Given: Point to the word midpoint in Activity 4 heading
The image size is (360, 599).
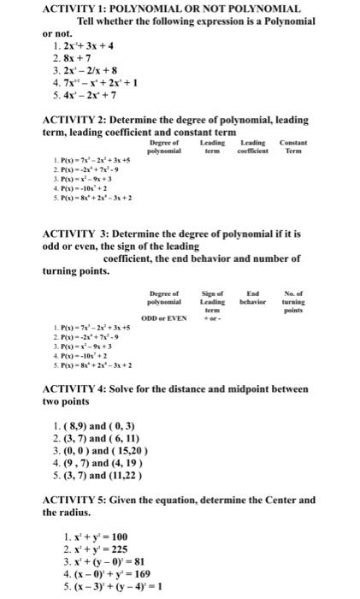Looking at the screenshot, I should click(249, 388).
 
